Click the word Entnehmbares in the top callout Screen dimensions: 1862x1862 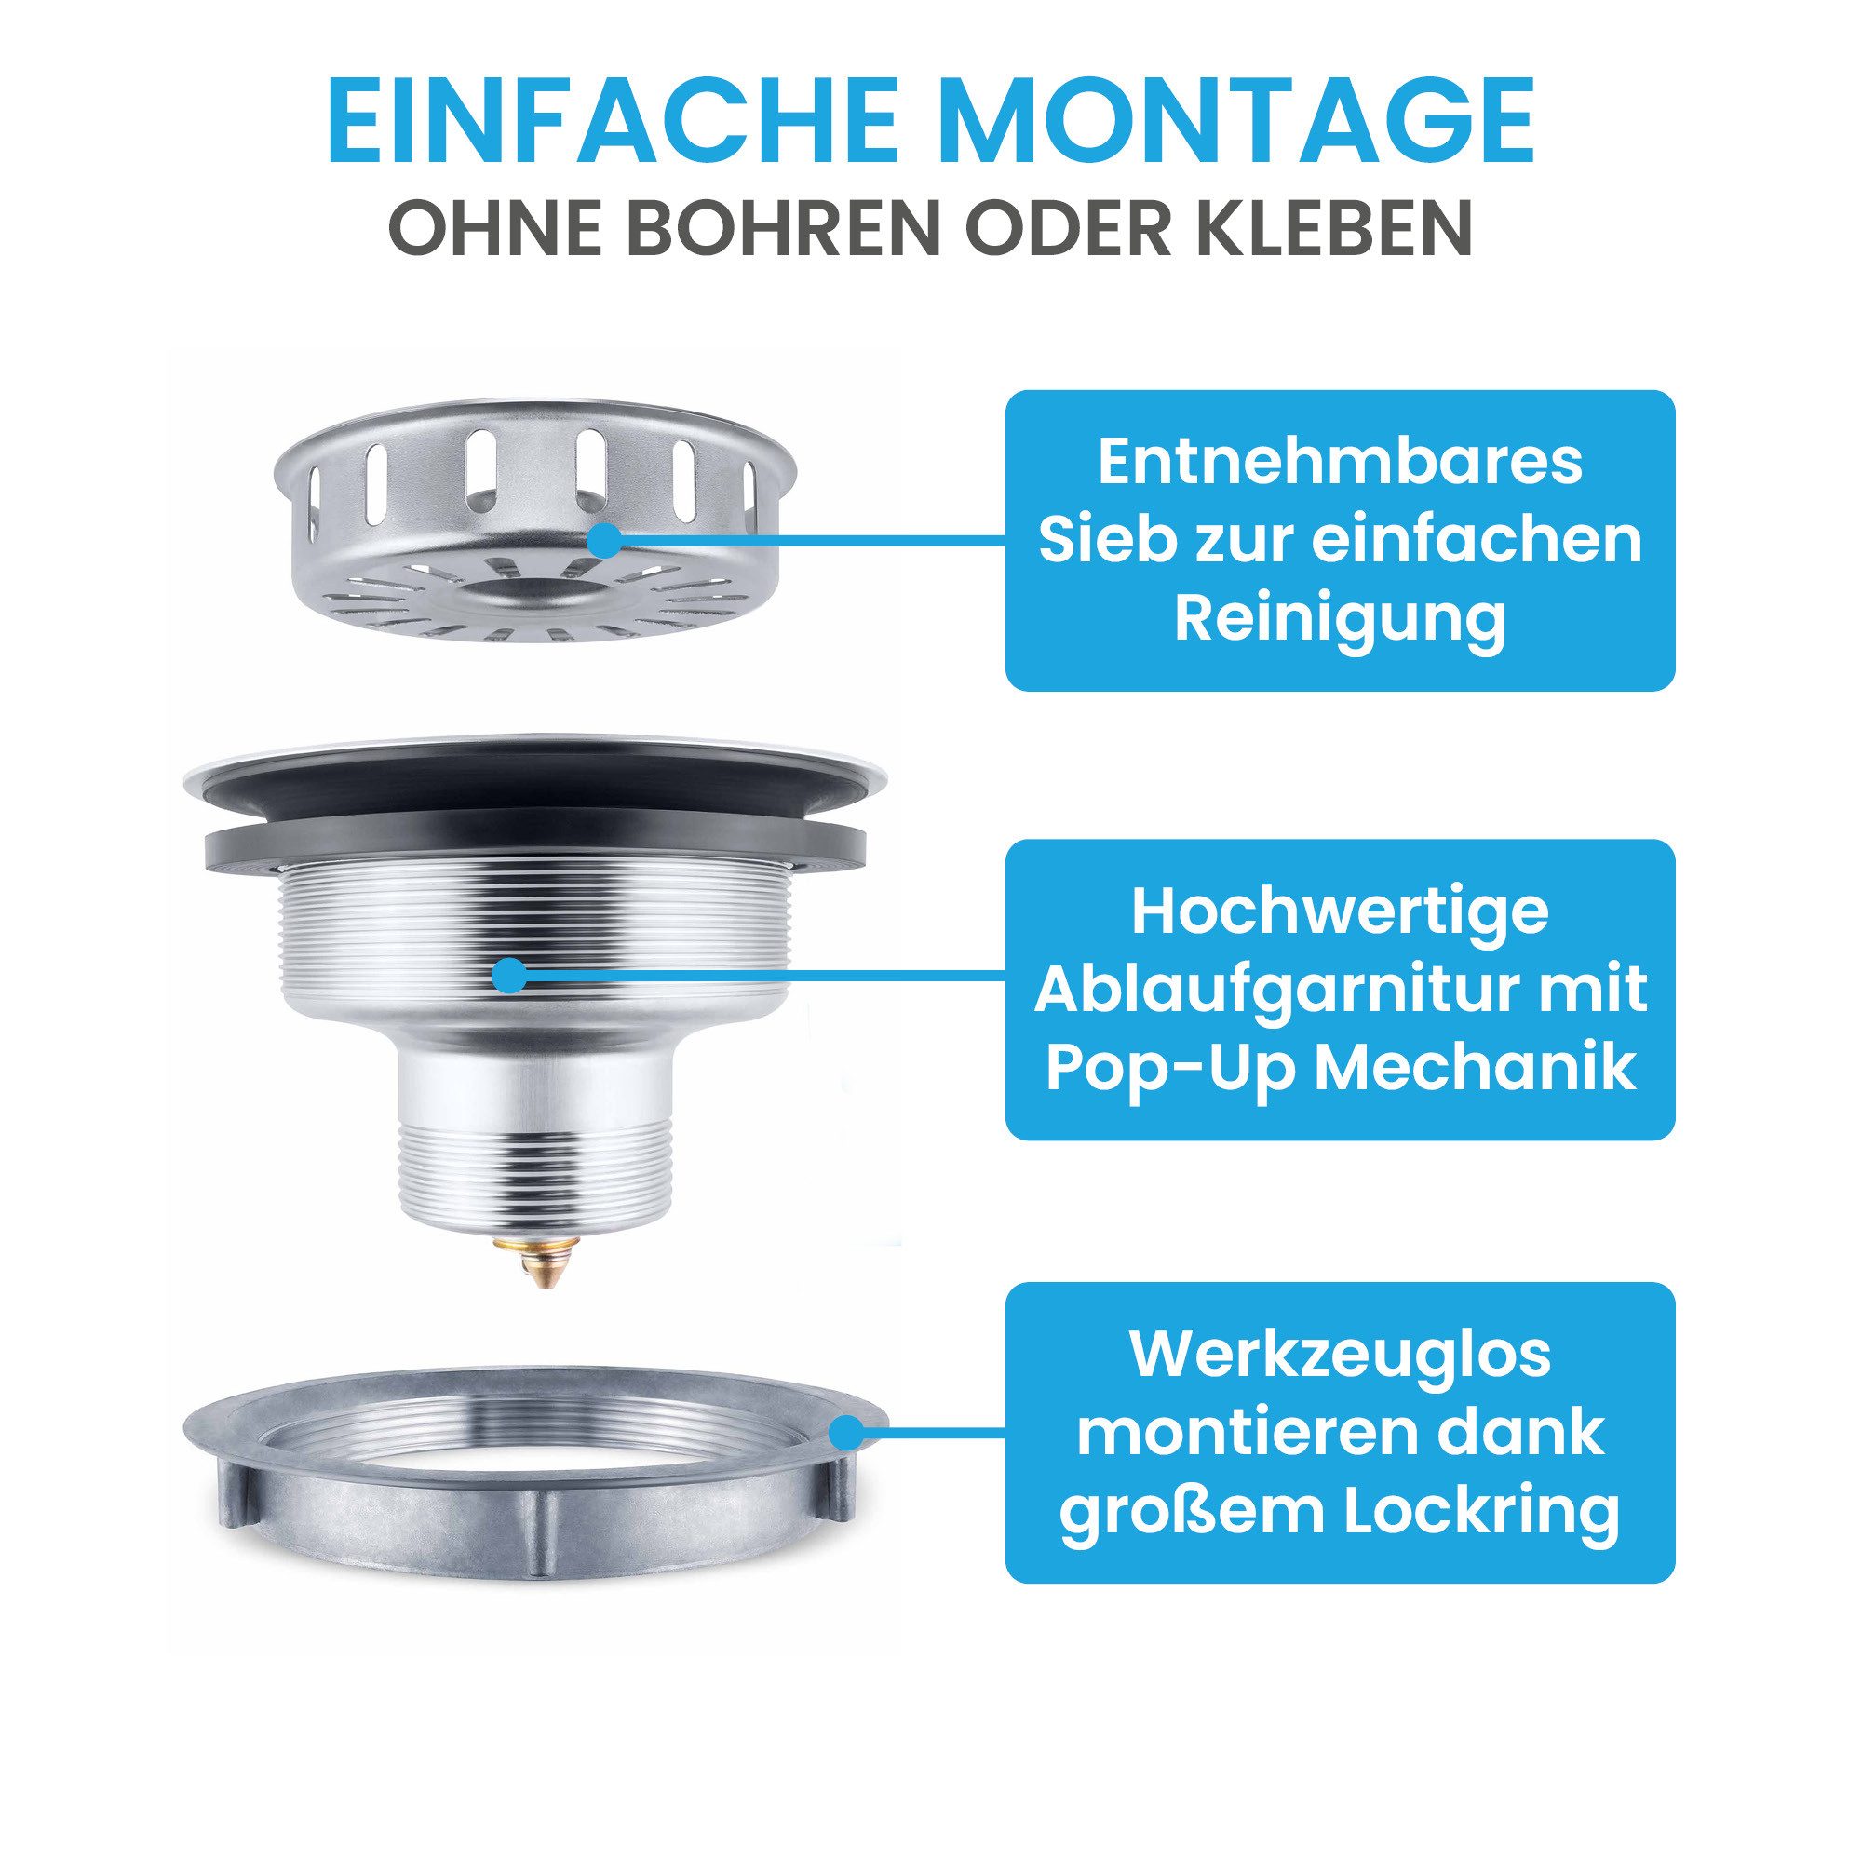[1340, 464]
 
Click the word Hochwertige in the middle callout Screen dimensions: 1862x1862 [1340, 911]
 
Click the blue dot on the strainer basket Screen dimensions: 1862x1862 [605, 542]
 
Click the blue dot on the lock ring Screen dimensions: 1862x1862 [846, 1430]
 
